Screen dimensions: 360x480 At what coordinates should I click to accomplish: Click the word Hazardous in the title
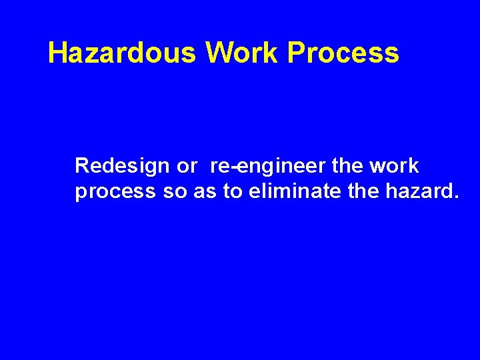pos(122,53)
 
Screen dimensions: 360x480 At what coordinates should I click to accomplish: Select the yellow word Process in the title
pos(343,53)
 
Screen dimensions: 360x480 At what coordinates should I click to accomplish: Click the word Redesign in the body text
pos(122,165)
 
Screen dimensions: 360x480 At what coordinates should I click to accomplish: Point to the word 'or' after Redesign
pos(187,165)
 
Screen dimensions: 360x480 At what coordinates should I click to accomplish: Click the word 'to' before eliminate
pos(233,193)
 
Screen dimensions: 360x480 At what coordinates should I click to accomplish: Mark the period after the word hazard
pos(456,198)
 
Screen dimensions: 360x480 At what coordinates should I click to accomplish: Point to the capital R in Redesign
pos(81,165)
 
